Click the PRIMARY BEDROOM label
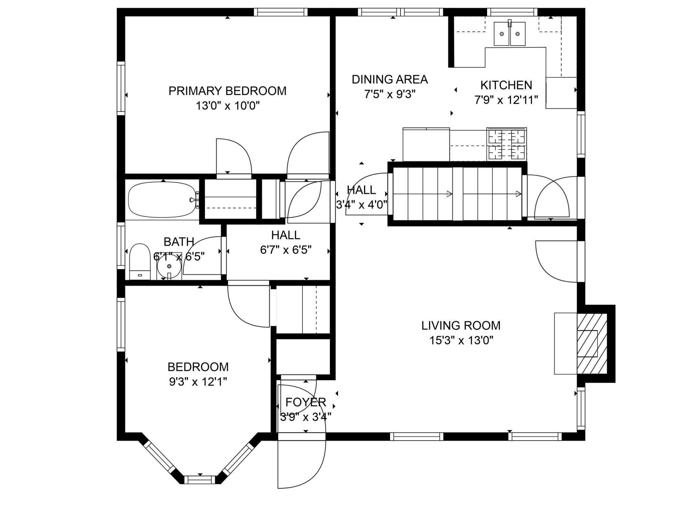tap(227, 91)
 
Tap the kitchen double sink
tap(509, 33)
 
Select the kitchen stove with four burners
tap(506, 144)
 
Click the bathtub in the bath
tap(162, 200)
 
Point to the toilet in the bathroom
tap(140, 261)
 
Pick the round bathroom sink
tap(169, 266)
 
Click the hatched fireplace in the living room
tap(592, 343)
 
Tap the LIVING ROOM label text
tap(461, 325)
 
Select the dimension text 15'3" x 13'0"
tap(461, 341)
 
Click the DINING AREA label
tap(390, 79)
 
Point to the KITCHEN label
tap(506, 85)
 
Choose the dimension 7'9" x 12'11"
tap(506, 100)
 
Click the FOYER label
tap(306, 402)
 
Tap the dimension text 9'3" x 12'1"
tap(198, 382)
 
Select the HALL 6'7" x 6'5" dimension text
tap(286, 250)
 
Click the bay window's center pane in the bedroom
tap(200, 480)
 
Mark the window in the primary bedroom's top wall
tap(281, 12)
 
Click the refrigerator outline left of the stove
tap(426, 144)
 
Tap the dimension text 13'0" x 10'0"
tap(228, 106)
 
